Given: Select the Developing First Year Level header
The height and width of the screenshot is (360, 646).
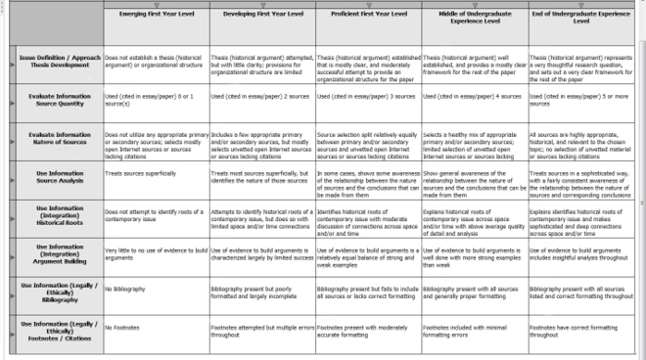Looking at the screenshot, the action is point(261,17).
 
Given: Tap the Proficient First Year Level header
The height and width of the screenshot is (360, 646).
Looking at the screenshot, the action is point(368,17).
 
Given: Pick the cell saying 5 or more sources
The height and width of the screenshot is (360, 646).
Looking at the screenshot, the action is point(580,100).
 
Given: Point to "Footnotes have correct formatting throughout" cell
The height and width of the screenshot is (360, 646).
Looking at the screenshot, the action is point(580,330).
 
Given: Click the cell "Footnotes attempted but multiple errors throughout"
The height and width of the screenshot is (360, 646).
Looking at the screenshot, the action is point(261,330).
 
